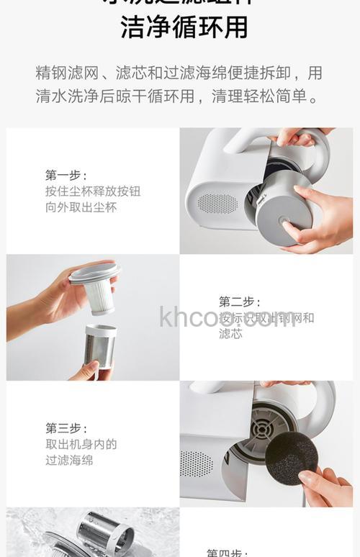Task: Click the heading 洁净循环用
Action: point(184,27)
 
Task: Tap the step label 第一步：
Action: point(66,175)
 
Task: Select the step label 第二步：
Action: point(240,302)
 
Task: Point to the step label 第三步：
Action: point(66,428)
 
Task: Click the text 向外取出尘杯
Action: point(81,207)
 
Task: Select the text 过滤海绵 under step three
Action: point(69,460)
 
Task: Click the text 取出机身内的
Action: point(81,444)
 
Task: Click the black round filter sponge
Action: point(291,458)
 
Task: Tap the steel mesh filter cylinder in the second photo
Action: point(100,346)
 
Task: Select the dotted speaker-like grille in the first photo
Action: point(217,204)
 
